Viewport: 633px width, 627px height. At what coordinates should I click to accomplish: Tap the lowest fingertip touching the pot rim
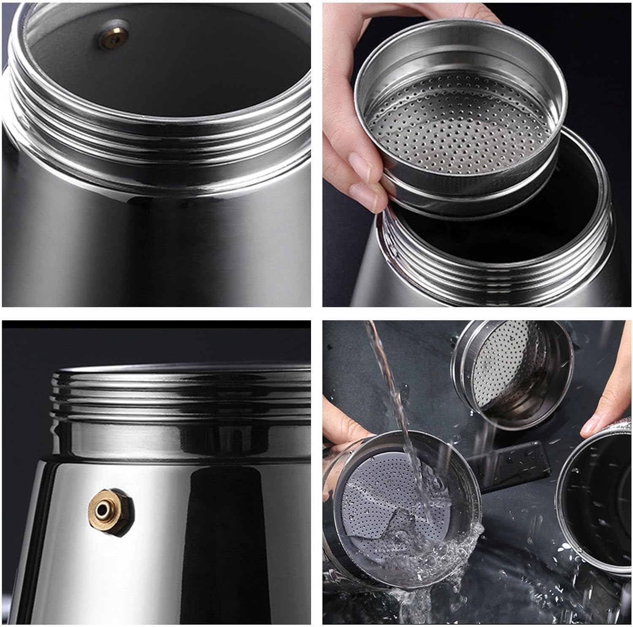tap(371, 198)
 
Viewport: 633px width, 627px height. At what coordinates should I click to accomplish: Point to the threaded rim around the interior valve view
tap(156, 126)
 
